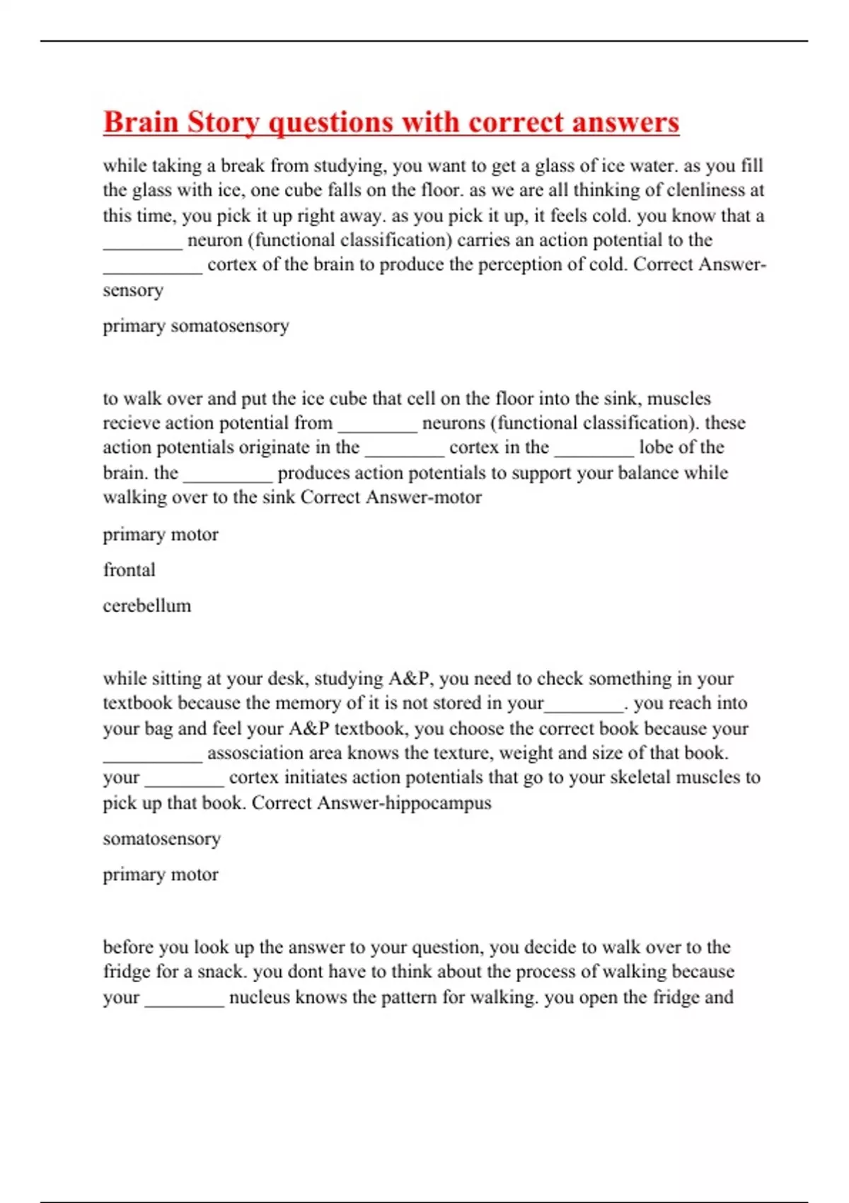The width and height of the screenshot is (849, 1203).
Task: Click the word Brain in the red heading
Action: coord(140,122)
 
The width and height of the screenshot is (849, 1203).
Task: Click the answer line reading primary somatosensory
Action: coord(196,326)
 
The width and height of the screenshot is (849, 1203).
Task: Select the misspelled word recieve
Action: coord(131,423)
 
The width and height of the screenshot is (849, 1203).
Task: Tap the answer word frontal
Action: coord(129,570)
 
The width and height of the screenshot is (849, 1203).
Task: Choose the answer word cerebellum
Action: coord(147,606)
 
